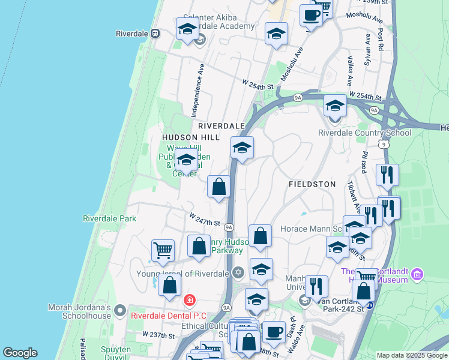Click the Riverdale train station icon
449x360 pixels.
[155, 34]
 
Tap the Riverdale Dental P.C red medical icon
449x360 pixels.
[190, 299]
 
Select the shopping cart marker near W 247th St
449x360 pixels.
[163, 250]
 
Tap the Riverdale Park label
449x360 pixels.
[109, 219]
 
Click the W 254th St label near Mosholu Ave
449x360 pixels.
[258, 84]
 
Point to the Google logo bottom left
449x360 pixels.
[20, 353]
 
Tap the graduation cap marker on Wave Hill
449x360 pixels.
[186, 160]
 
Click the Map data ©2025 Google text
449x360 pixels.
[411, 355]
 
